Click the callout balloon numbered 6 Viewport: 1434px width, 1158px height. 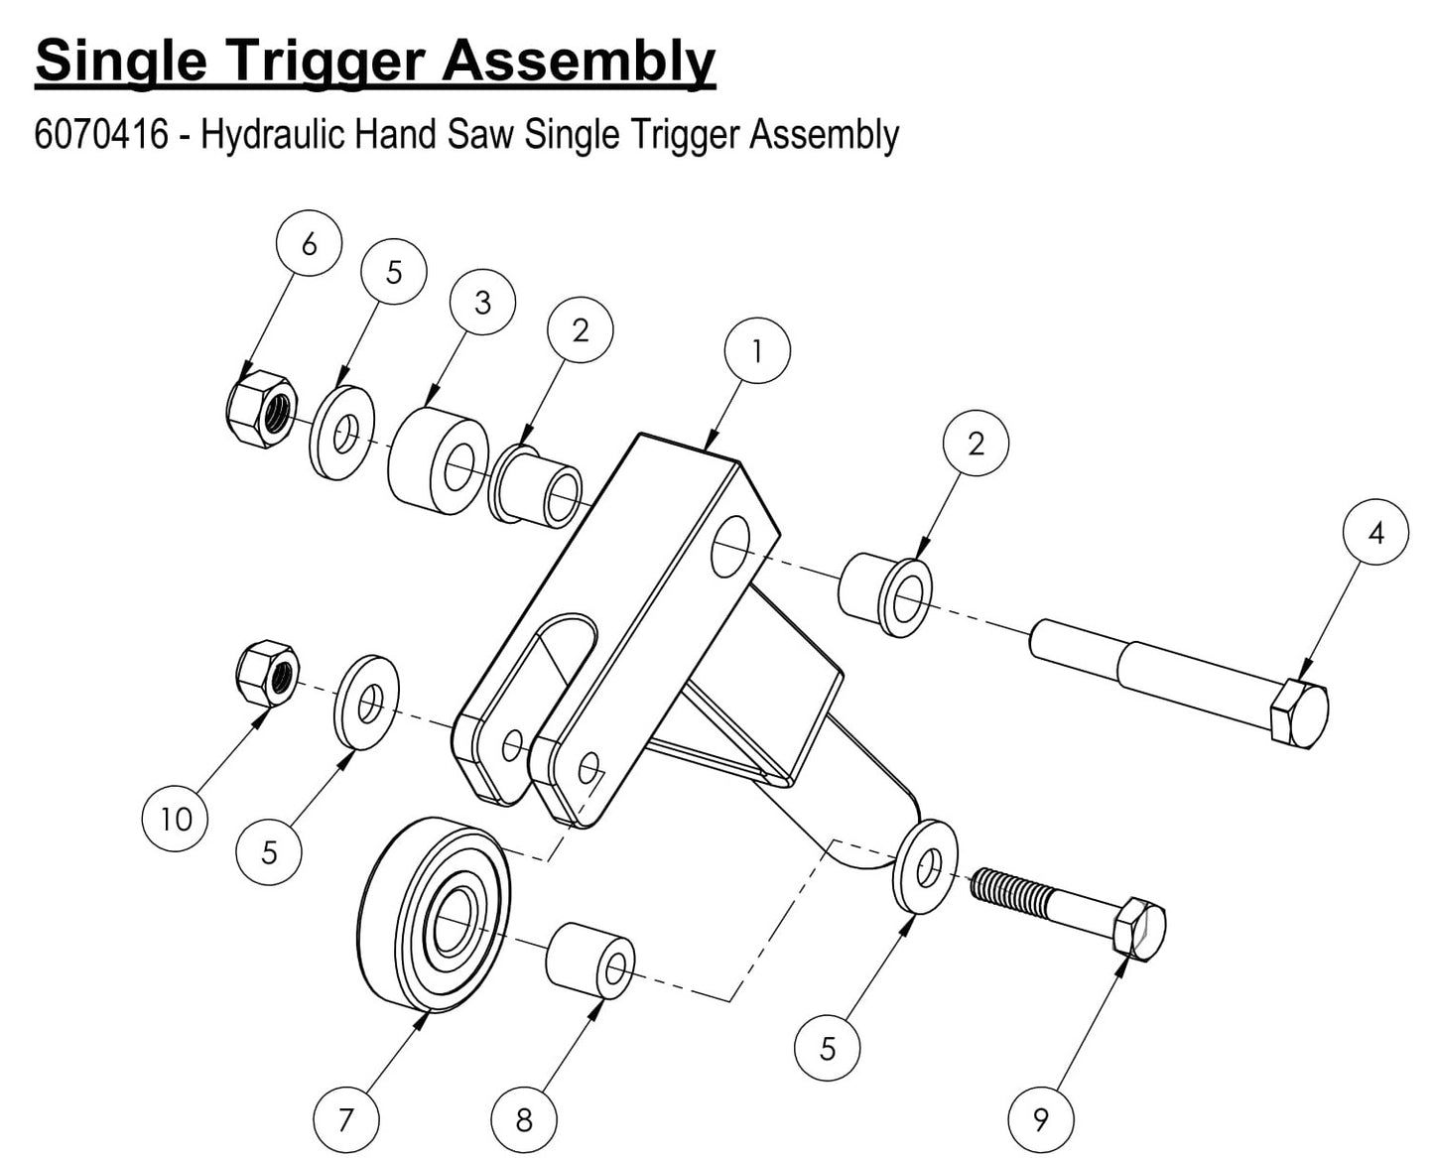click(x=309, y=243)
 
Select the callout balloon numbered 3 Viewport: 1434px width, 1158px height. click(x=482, y=302)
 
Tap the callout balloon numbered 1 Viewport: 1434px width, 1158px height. click(x=757, y=351)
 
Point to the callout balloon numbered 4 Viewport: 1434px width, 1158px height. click(x=1375, y=533)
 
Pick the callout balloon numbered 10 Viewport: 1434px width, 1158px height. click(x=176, y=819)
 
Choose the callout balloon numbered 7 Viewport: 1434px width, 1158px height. click(x=345, y=1120)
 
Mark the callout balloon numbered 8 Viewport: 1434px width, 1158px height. click(x=524, y=1120)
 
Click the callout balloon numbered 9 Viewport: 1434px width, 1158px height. click(x=1041, y=1119)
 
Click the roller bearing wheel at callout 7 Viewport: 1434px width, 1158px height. click(x=435, y=914)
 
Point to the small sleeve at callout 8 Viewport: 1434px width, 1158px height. click(x=590, y=961)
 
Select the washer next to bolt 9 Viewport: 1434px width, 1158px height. click(x=926, y=866)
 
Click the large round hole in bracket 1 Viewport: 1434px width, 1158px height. click(x=730, y=546)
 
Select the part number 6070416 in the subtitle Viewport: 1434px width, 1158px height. click(x=101, y=134)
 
